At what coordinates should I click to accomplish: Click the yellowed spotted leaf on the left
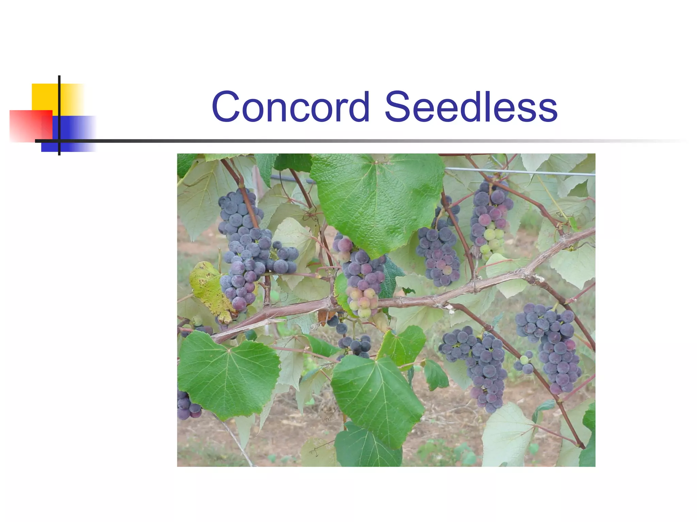coord(209,289)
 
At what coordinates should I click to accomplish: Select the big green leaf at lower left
coord(228,374)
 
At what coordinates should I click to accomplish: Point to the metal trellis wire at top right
coord(521,172)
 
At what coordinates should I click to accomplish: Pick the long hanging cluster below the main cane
coord(483,367)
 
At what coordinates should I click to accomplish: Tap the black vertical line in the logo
coord(59,116)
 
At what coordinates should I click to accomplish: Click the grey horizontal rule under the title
coord(340,141)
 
